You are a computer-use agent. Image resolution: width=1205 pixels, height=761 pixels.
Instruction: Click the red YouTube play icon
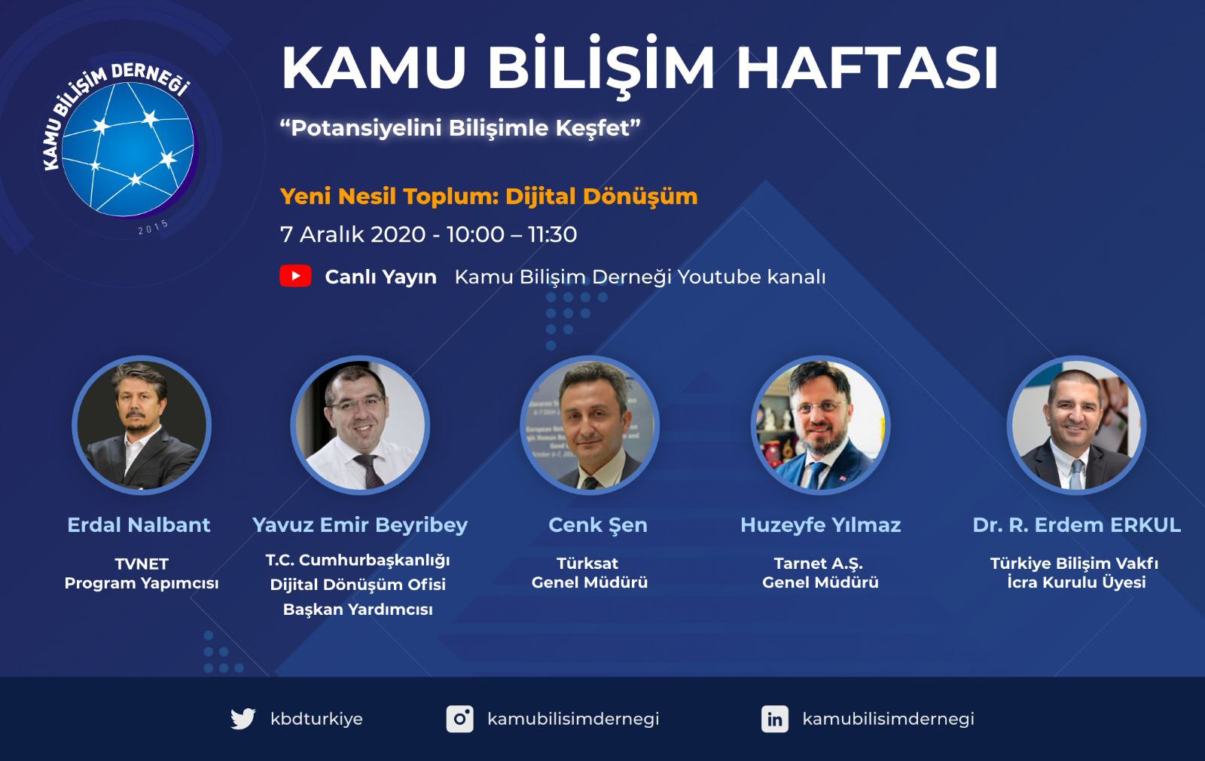coord(295,276)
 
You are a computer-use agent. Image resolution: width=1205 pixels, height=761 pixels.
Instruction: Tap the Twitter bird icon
coord(243,719)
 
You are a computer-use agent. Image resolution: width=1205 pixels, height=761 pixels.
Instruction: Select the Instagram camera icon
coord(460,719)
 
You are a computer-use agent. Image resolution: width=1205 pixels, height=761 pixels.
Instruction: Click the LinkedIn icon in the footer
coord(775,719)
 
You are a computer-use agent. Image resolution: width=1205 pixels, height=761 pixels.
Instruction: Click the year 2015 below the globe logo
coord(154,227)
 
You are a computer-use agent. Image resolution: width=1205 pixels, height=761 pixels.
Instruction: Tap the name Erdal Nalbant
coord(139,524)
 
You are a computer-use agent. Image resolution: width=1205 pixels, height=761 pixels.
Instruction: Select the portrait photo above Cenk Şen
coord(590,425)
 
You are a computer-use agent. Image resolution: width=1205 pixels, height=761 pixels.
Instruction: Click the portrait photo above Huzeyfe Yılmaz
coord(820,425)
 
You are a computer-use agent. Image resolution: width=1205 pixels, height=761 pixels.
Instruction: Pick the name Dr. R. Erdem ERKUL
coord(1076,524)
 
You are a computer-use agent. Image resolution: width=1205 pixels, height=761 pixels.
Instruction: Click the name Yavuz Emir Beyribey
coord(360,525)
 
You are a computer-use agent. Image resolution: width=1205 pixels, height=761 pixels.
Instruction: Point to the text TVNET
coord(142,564)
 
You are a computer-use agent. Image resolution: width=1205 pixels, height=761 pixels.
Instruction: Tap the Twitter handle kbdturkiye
coord(316,719)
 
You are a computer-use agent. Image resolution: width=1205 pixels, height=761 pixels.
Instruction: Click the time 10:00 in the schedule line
coord(475,234)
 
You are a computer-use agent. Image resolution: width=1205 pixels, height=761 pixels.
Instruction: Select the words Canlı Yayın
coord(380,277)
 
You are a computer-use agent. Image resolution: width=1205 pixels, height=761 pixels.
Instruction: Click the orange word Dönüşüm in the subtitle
coord(640,197)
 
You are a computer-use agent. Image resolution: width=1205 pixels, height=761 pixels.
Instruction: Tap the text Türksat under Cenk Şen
coord(587,563)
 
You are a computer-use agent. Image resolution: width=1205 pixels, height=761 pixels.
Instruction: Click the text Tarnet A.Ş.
coord(818,564)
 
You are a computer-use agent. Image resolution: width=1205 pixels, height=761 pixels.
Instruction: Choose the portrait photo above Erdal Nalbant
coord(142,425)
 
